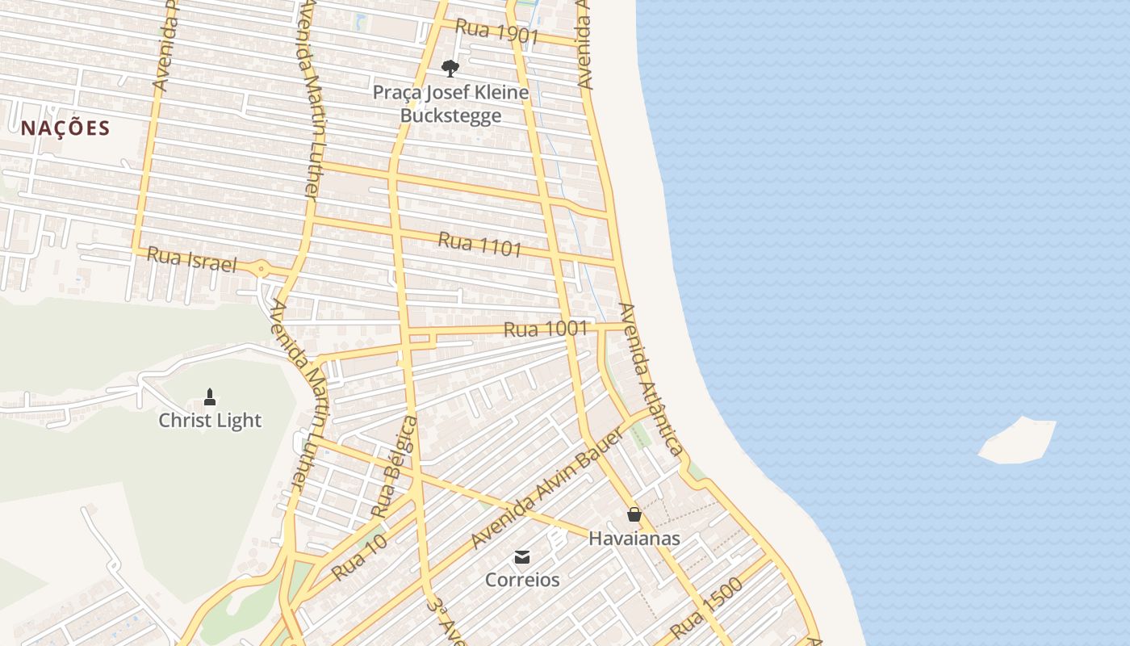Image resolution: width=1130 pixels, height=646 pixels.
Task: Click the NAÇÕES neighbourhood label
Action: click(65, 128)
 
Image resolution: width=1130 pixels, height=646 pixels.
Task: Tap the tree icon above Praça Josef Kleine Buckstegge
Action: click(450, 69)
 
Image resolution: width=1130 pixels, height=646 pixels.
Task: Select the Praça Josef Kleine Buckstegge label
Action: click(450, 103)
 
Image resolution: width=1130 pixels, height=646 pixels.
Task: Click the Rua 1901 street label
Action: click(496, 32)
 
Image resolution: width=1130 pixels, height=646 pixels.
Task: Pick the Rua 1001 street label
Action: click(545, 329)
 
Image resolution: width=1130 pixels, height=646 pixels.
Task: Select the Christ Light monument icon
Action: click(210, 396)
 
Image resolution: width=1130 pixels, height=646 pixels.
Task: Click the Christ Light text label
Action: click(210, 420)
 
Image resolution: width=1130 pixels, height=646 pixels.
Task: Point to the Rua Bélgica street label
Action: click(395, 467)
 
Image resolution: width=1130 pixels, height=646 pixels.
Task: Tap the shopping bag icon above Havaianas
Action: click(634, 514)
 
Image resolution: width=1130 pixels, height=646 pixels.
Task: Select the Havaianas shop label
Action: click(634, 538)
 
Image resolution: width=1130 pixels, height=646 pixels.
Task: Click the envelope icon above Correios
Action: click(522, 556)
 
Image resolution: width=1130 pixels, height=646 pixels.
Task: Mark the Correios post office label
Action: click(522, 580)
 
